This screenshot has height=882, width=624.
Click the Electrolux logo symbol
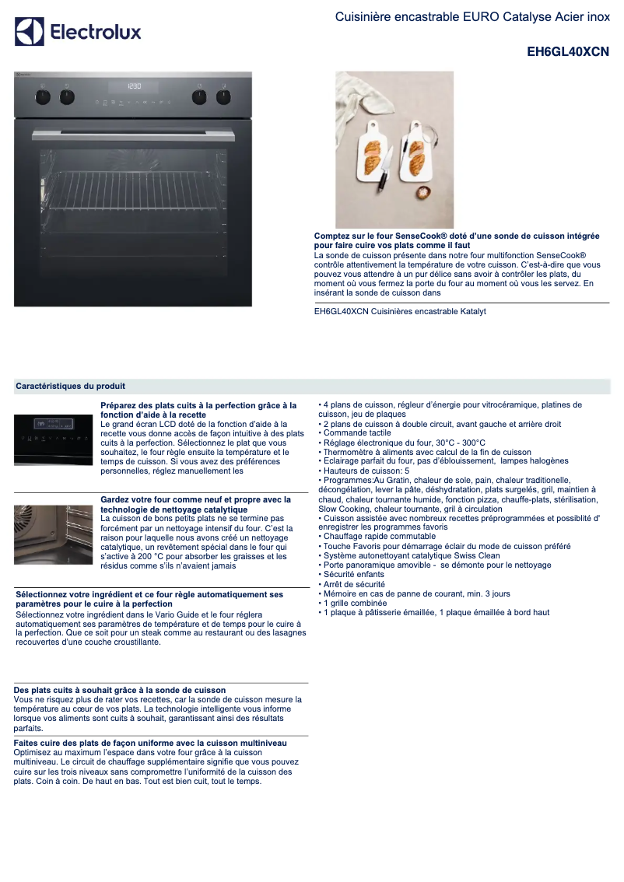point(30,32)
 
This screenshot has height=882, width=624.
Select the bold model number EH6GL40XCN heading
point(568,52)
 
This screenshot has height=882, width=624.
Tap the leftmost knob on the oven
point(44,97)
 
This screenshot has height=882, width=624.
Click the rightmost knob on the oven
point(224,97)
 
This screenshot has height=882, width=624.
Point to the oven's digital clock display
point(134,86)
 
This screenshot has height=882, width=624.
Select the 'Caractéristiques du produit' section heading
point(70,387)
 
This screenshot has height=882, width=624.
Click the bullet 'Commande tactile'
point(357,433)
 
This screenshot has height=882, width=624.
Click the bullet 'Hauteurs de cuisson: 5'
point(366,471)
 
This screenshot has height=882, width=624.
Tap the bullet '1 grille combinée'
point(355,603)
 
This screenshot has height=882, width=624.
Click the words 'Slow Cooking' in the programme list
point(342,509)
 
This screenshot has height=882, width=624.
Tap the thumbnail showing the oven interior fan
point(54,535)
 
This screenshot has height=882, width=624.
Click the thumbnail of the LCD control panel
point(54,440)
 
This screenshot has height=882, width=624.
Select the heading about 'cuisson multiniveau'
point(150,743)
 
